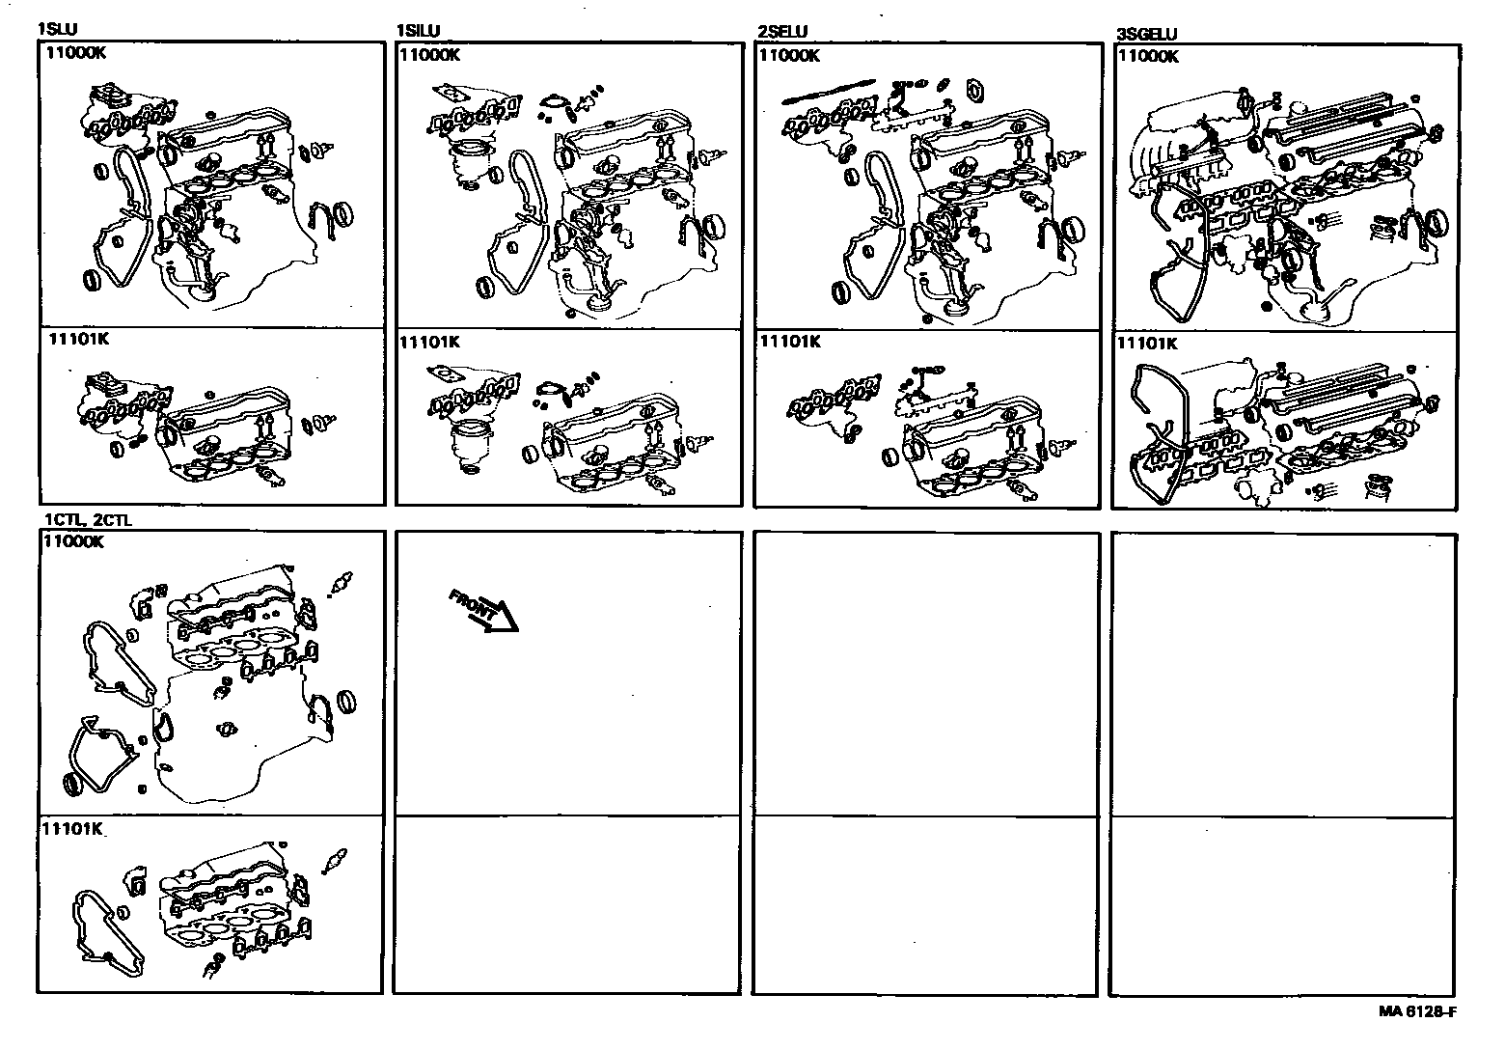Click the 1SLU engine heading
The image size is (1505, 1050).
point(57,29)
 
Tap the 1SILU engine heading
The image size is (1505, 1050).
point(418,31)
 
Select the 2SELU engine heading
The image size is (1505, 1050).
point(782,32)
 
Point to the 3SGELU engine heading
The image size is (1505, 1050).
point(1146,34)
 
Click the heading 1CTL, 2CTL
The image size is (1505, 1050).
point(88,519)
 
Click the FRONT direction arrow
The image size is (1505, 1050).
point(483,611)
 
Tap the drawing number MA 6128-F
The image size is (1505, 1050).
point(1417,1011)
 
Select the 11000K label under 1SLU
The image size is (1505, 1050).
point(75,53)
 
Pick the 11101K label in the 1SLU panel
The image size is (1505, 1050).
point(78,338)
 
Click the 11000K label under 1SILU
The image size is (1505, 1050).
point(429,55)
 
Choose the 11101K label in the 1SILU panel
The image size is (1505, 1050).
point(429,343)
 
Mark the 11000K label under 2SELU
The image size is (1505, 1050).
point(789,56)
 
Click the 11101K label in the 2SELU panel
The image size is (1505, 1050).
point(790,342)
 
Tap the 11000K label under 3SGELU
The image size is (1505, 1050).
point(1148,57)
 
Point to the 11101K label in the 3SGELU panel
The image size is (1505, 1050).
point(1147,344)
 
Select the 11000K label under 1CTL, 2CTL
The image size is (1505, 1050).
point(74,541)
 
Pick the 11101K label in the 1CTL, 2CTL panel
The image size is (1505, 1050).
point(72,828)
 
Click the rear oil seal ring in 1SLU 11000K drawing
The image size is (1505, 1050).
point(342,214)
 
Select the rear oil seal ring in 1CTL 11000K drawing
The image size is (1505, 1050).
point(346,703)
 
